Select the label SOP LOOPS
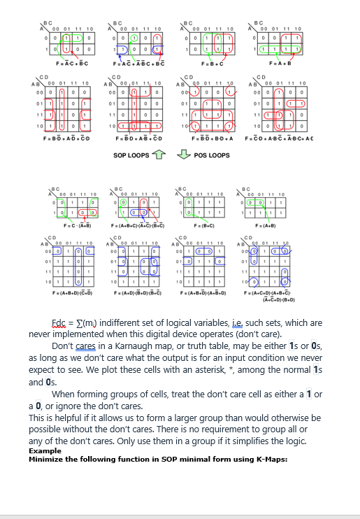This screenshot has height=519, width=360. click(131, 155)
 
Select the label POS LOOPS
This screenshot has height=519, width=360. click(212, 155)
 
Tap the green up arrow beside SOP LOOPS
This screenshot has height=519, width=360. click(159, 154)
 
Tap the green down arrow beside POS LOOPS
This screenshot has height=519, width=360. click(183, 155)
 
